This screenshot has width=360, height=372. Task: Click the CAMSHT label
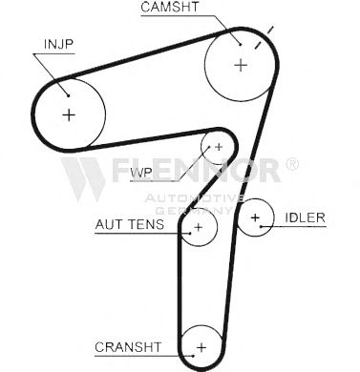pyautogui.click(x=170, y=7)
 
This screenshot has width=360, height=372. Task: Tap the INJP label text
pyautogui.click(x=58, y=44)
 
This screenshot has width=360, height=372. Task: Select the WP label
pyautogui.click(x=141, y=173)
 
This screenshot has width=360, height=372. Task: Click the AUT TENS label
pyautogui.click(x=130, y=224)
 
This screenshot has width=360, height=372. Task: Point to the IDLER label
pyautogui.click(x=305, y=217)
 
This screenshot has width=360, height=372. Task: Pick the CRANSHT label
pyautogui.click(x=128, y=347)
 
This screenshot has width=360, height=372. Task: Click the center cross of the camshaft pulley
pyautogui.click(x=241, y=65)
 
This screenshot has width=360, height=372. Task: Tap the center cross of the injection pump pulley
pyautogui.click(x=69, y=114)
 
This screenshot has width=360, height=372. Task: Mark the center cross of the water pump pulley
pyautogui.click(x=219, y=147)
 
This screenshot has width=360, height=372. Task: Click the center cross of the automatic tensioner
pyautogui.click(x=198, y=227)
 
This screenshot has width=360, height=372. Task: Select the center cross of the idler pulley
pyautogui.click(x=255, y=217)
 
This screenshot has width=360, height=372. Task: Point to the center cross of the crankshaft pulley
pyautogui.click(x=201, y=347)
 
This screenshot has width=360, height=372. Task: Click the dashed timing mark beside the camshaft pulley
pyautogui.click(x=265, y=37)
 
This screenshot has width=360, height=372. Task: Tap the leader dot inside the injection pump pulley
pyautogui.click(x=68, y=95)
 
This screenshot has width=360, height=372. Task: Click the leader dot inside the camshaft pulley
pyautogui.click(x=241, y=45)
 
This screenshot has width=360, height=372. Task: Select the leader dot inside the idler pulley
pyautogui.click(x=261, y=226)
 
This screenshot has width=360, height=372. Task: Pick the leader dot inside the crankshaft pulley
pyautogui.click(x=193, y=356)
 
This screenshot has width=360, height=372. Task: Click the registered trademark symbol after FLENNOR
pyautogui.click(x=292, y=164)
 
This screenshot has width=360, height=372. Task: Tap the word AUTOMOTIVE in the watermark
pyautogui.click(x=195, y=198)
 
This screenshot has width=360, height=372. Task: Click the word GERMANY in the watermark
pyautogui.click(x=194, y=210)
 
